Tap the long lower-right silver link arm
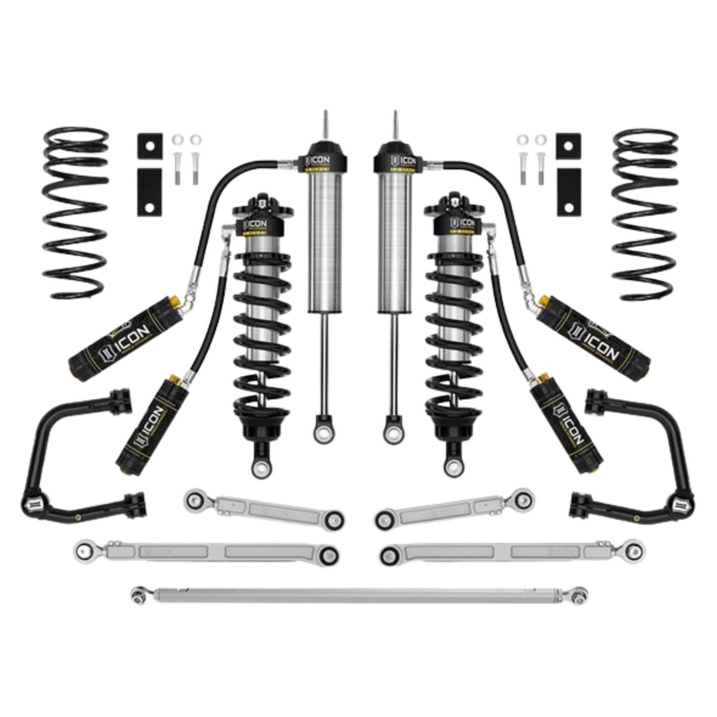[x=511, y=551]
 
